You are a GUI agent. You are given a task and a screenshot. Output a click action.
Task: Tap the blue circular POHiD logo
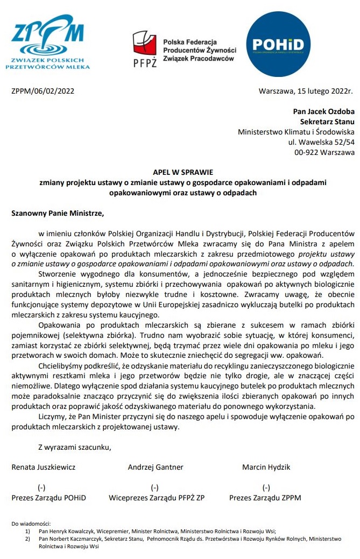278,46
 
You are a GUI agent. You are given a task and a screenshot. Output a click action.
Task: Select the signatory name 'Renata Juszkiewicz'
44,467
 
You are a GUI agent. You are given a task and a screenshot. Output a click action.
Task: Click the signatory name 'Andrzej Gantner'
156,467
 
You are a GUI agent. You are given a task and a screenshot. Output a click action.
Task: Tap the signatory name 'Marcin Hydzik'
266,467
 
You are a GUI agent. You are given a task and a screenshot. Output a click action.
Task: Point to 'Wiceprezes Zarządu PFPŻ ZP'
157,498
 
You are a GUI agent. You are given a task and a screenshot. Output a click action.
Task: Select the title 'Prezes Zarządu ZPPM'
265,498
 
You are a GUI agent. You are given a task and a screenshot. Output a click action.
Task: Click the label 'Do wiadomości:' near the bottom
31,523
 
